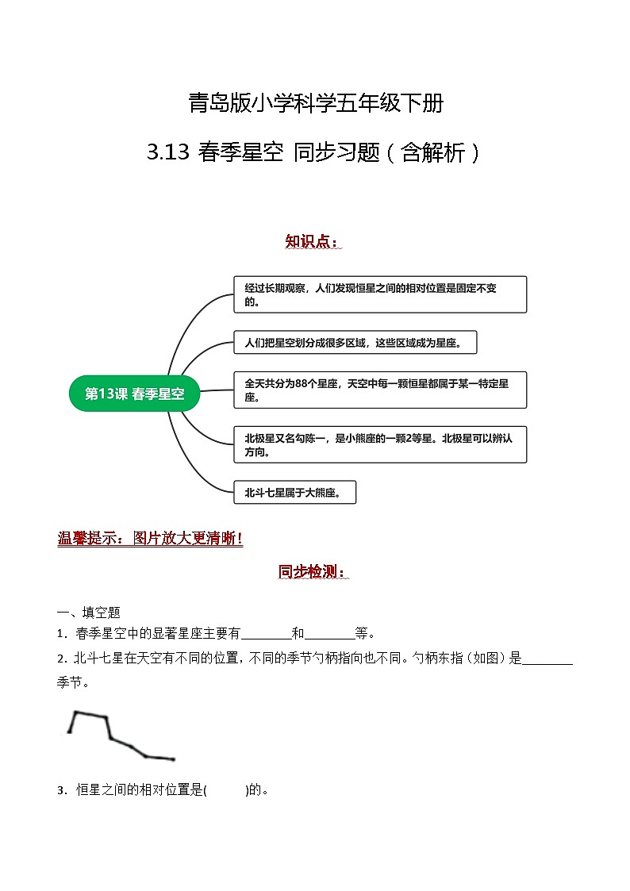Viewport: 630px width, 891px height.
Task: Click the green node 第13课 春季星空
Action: pos(134,394)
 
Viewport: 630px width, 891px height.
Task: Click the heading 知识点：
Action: pos(313,241)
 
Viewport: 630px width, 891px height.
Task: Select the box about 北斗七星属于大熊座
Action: pos(294,492)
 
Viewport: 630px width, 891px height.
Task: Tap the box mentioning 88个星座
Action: pos(380,390)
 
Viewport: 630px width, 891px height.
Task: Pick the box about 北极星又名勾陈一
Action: pos(380,444)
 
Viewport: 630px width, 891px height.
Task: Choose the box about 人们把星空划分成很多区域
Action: pos(355,343)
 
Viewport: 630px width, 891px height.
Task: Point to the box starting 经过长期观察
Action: pos(380,294)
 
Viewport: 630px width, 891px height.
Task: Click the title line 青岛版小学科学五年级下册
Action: pos(315,103)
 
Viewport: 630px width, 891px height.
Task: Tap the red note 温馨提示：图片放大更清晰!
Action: pos(151,539)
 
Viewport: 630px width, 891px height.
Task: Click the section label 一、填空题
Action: pos(88,612)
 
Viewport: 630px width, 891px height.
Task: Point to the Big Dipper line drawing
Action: pos(119,736)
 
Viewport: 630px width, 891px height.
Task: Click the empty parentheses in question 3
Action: pos(227,789)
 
